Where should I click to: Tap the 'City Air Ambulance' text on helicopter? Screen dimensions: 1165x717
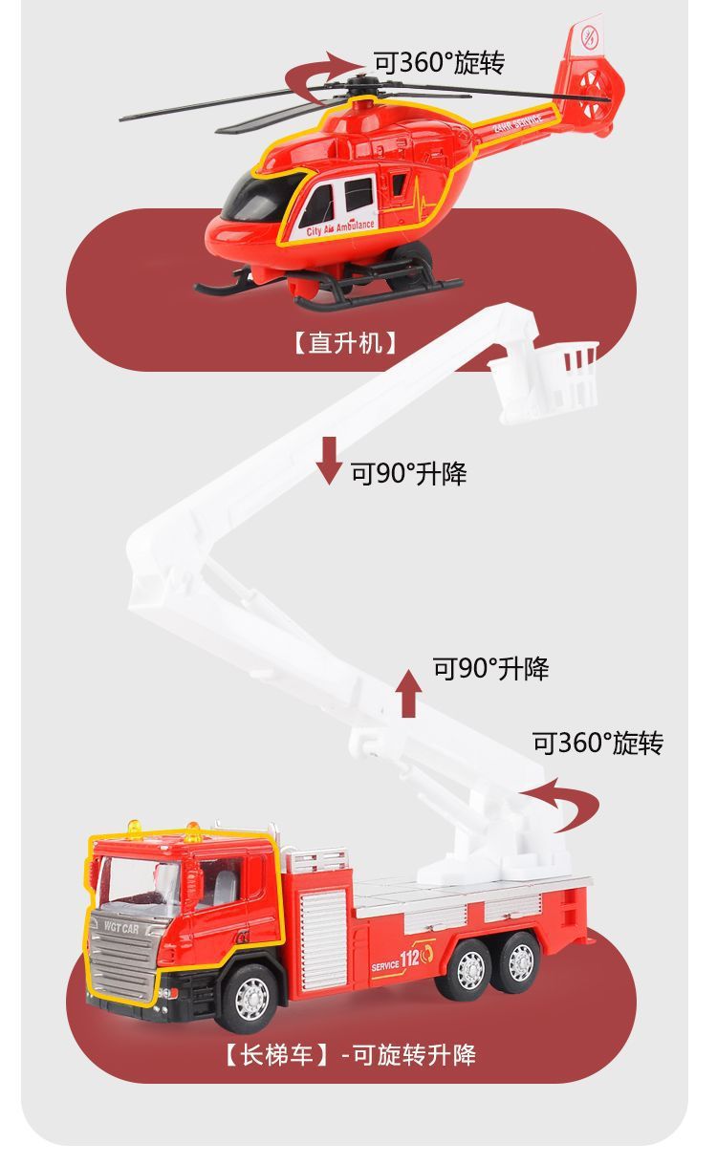click(340, 228)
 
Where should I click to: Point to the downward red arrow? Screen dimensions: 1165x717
click(329, 460)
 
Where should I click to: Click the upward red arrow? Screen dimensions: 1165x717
click(409, 693)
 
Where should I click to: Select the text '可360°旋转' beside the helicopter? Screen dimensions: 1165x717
click(439, 63)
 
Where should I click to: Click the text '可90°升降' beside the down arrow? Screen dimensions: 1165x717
click(408, 472)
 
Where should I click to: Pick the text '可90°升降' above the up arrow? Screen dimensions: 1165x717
click(491, 668)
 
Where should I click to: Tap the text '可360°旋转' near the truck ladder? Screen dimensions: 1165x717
click(597, 743)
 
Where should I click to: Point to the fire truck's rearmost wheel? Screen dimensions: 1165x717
click(520, 963)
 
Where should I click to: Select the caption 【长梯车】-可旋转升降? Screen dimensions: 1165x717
click(350, 1055)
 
